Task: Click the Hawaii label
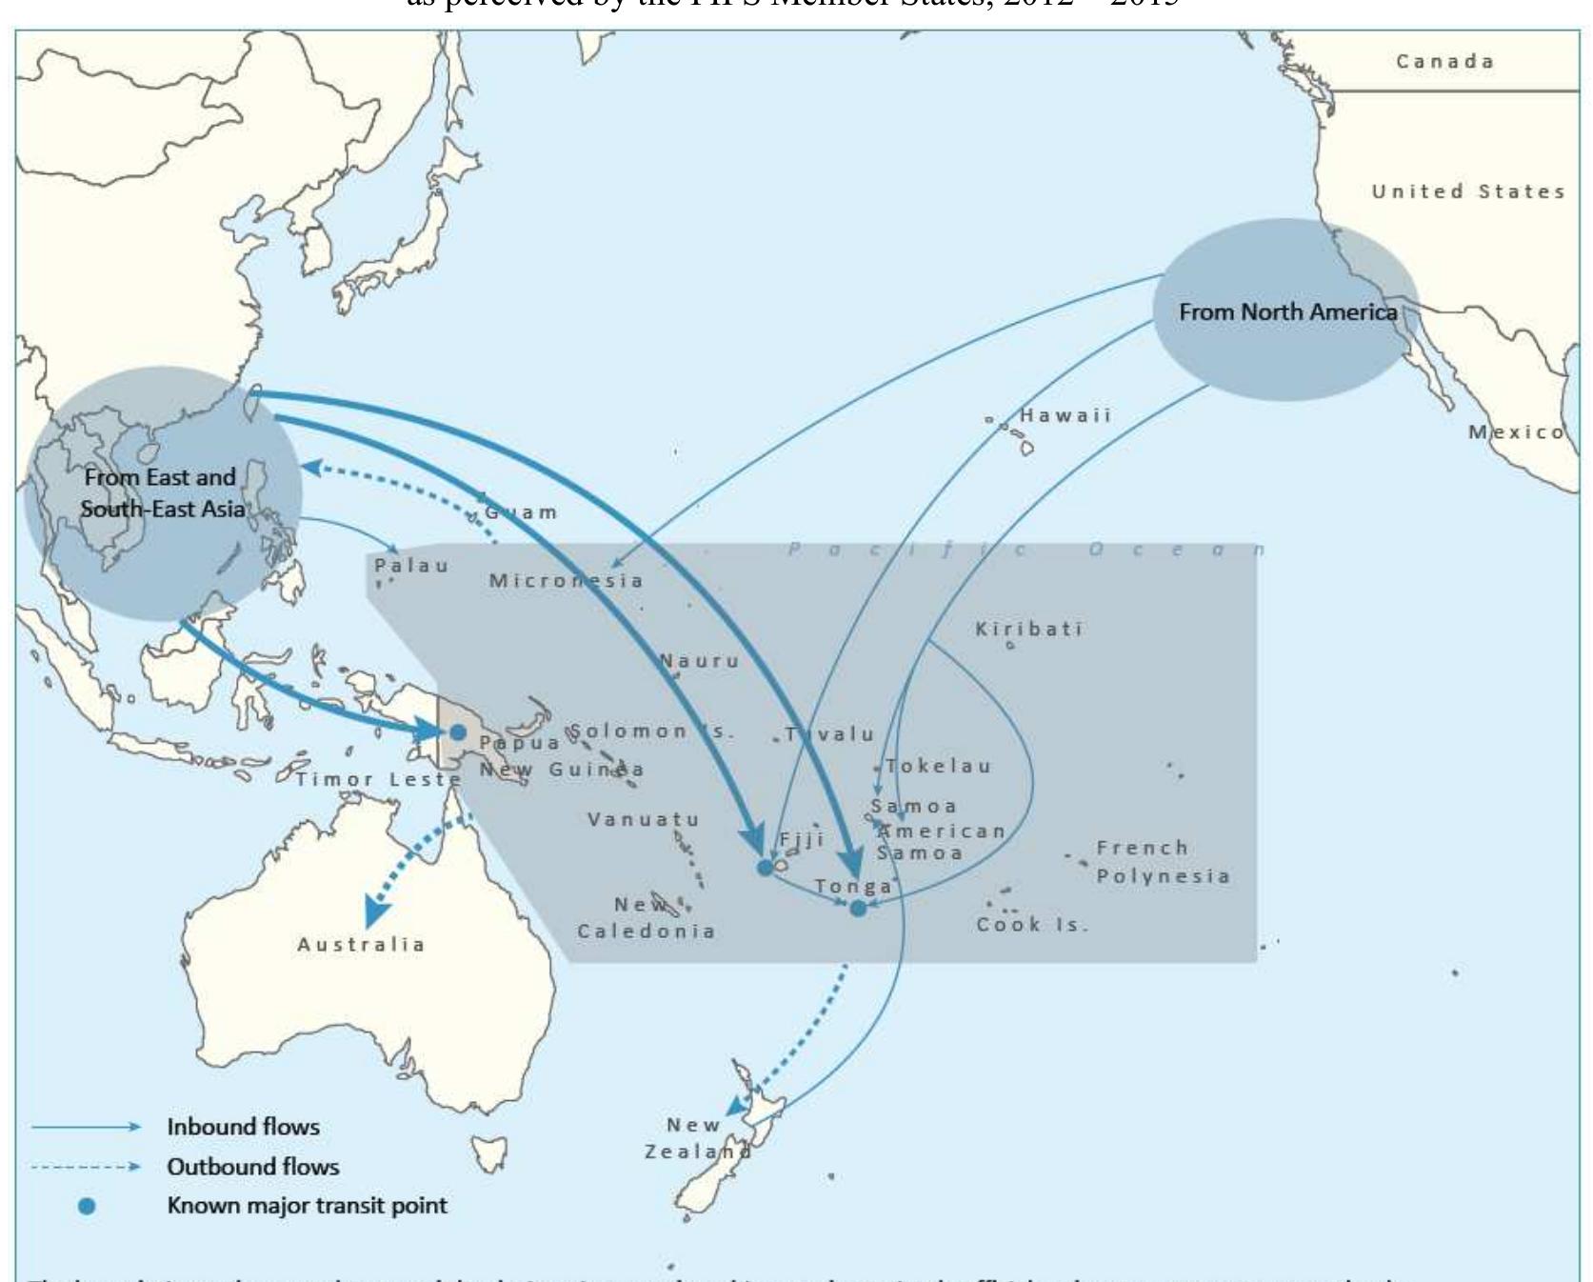pos(1065,416)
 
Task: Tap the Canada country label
pos(1444,62)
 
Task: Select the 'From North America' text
pos(1287,312)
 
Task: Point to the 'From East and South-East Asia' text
pos(162,493)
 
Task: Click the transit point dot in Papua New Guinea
pos(458,732)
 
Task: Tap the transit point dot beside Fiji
pos(765,868)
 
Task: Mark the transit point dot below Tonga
pos(858,908)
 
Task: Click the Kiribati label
pos(1028,630)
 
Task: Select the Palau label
pos(410,566)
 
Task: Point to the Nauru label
pos(700,661)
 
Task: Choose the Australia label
pos(361,945)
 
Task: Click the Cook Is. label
pos(1031,925)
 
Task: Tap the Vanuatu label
pos(643,820)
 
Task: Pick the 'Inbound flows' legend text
pos(243,1127)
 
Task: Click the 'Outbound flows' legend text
pos(252,1167)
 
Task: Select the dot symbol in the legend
pos(87,1206)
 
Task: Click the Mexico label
pos(1515,432)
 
